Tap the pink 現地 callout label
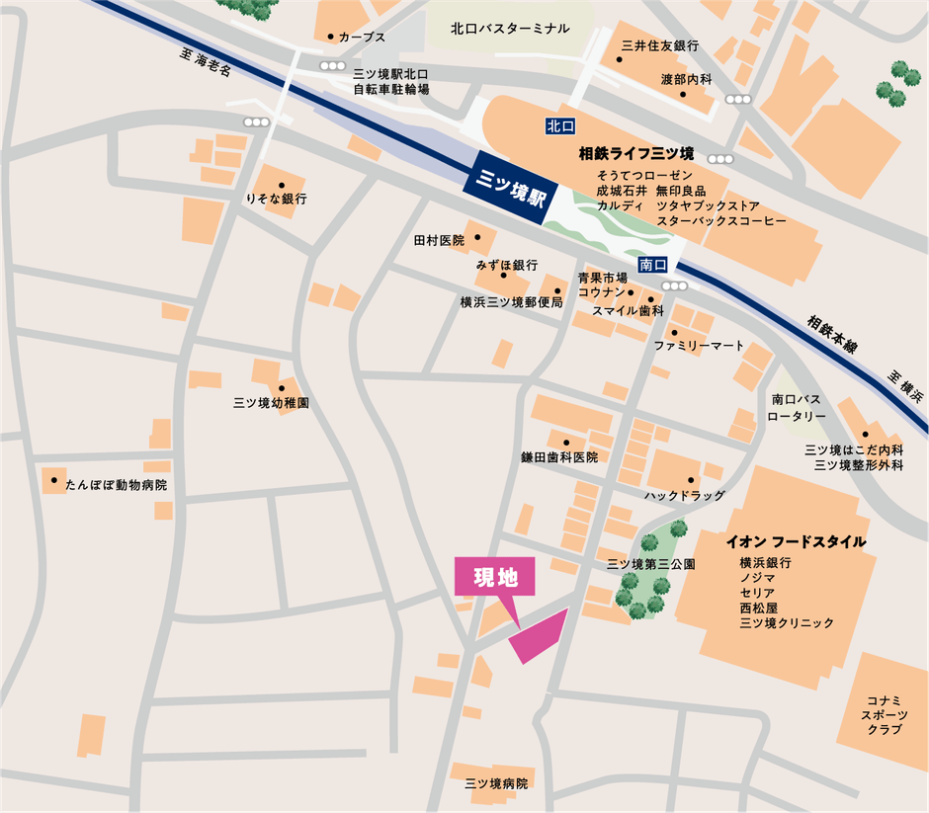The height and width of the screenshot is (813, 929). coord(495,578)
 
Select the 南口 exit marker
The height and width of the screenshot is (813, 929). coord(653,265)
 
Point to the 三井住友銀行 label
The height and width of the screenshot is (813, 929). coord(660,46)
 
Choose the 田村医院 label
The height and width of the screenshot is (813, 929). coord(439,240)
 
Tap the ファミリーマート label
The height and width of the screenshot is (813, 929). coord(699,346)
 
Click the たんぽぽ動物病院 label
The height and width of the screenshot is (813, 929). coord(117,485)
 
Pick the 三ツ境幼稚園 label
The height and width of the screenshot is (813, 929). coord(271,403)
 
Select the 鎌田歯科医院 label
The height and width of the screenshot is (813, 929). coord(559,457)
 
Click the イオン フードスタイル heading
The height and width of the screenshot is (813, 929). coord(796,541)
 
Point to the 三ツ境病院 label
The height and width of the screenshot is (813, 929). coord(497,783)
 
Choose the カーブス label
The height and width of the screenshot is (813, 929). coord(361,36)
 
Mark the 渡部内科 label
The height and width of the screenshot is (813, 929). coord(686,79)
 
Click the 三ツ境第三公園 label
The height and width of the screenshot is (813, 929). coord(650,564)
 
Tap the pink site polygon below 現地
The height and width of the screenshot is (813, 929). coord(540,637)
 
